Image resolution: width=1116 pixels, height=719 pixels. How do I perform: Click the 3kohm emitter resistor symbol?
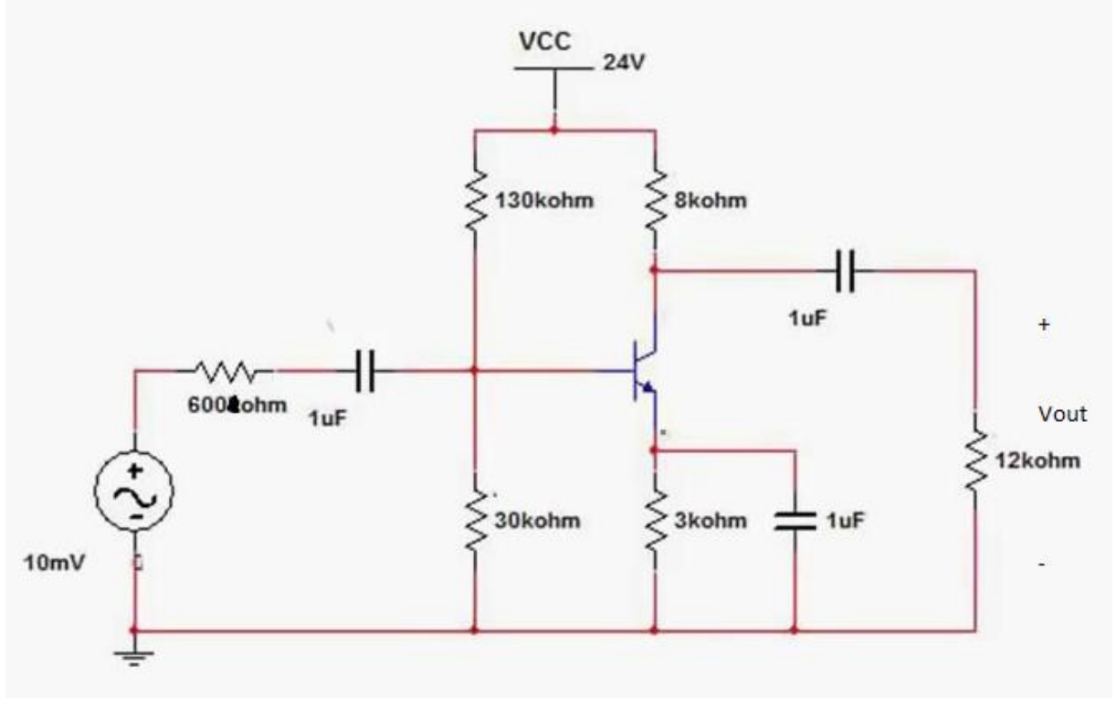[655, 522]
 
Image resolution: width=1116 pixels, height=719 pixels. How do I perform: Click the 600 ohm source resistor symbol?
[225, 371]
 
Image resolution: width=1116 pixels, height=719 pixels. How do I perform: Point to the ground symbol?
[134, 655]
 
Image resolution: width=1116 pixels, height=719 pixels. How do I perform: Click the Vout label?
[1062, 414]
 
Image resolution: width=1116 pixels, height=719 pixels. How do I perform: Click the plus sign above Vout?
[1044, 325]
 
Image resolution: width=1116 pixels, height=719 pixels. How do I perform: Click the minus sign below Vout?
[1044, 567]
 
